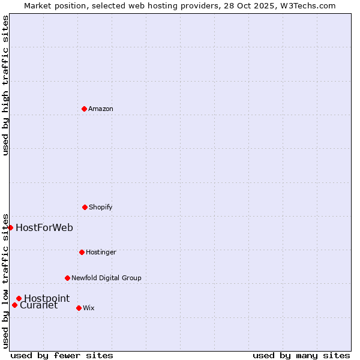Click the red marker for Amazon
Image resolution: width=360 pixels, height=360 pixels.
click(84, 109)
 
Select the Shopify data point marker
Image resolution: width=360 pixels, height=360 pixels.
click(85, 207)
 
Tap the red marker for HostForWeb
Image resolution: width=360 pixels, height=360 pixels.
click(10, 227)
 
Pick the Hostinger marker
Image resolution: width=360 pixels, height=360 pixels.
click(82, 252)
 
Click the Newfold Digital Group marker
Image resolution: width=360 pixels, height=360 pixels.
click(67, 278)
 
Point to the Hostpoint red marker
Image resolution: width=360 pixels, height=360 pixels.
click(19, 298)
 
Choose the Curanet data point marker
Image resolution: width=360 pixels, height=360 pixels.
click(14, 305)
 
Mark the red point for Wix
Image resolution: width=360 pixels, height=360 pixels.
click(79, 308)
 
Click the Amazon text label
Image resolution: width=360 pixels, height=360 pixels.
click(101, 109)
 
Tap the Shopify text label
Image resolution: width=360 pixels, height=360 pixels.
click(101, 207)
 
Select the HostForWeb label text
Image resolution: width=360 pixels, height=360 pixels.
click(44, 227)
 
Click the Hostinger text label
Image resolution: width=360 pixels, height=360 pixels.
click(101, 252)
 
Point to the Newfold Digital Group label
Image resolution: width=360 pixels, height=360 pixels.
click(106, 278)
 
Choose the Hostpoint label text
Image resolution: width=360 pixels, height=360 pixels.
click(47, 298)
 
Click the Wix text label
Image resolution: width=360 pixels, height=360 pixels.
click(89, 308)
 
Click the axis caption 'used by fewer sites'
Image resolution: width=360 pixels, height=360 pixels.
click(62, 355)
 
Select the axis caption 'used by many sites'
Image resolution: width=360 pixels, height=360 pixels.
click(301, 355)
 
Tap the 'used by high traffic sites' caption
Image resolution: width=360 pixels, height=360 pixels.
click(5, 85)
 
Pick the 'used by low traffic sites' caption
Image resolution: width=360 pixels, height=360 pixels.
click(5, 281)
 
